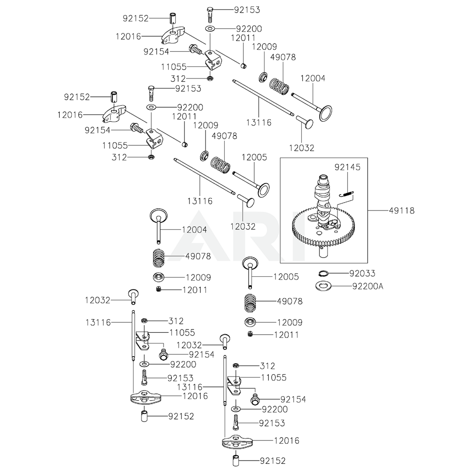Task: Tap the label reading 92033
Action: click(362, 273)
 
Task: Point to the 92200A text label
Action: click(367, 285)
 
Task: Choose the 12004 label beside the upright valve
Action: click(194, 229)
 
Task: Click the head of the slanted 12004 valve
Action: click(325, 113)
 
